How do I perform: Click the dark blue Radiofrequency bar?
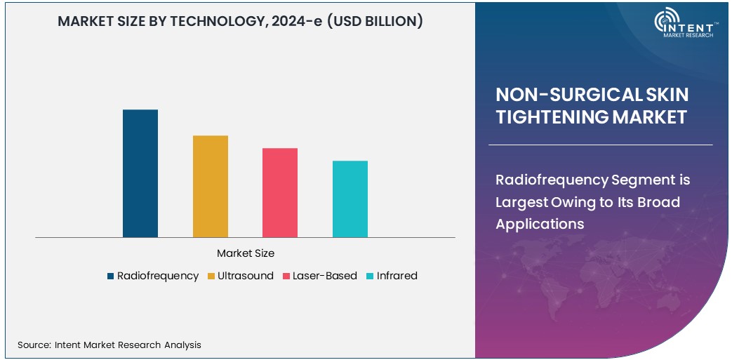[x=140, y=173]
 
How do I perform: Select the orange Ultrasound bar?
[x=211, y=186]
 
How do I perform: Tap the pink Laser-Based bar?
[x=280, y=192]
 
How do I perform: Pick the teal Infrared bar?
[x=350, y=199]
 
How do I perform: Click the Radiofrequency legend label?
[x=158, y=276]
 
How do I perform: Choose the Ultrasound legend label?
[x=246, y=276]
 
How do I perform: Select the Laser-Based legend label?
[x=325, y=276]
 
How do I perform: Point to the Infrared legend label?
[x=397, y=276]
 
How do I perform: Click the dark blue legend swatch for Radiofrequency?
[x=111, y=276]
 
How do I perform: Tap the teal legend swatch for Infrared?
[x=370, y=276]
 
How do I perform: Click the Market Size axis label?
[x=246, y=253]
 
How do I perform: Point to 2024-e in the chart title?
[x=298, y=22]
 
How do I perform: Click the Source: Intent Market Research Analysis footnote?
[x=109, y=345]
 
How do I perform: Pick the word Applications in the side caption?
[x=540, y=224]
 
